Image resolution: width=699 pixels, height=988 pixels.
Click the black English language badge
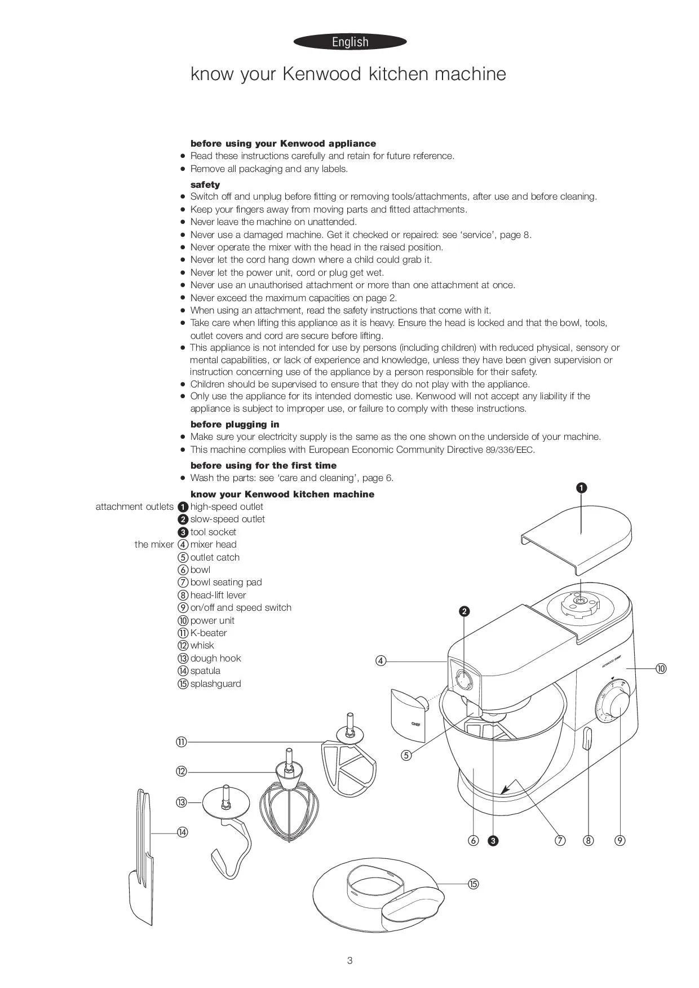pos(350,42)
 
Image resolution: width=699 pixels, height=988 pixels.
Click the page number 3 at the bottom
pos(350,960)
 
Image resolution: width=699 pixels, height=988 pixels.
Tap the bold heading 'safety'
pos(205,184)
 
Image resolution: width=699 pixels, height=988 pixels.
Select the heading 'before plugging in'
pos(235,424)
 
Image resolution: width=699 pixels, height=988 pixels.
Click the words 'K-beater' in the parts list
pos(209,633)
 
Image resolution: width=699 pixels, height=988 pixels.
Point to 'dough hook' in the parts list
pos(215,658)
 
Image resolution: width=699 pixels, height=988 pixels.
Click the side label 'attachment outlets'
pos(135,506)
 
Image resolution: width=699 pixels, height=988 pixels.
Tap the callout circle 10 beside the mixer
pos(661,668)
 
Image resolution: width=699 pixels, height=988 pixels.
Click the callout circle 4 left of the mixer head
pos(381,661)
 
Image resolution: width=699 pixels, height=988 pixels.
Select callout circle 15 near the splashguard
pos(474,884)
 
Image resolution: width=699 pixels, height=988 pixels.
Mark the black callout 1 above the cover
pos(582,488)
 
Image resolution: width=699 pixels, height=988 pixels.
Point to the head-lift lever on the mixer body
pos(586,739)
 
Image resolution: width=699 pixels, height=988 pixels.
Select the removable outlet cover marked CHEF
pos(409,713)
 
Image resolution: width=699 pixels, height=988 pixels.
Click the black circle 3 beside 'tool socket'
pos(183,532)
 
